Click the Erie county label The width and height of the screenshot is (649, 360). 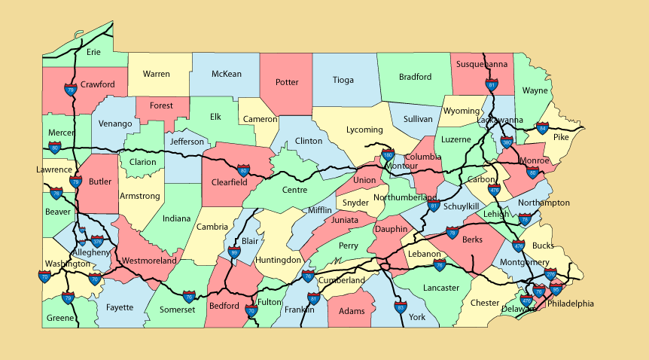pyautogui.click(x=93, y=52)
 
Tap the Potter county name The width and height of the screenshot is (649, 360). pyautogui.click(x=287, y=82)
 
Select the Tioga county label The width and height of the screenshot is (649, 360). pyautogui.click(x=343, y=80)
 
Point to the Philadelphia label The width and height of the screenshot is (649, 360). pyautogui.click(x=570, y=304)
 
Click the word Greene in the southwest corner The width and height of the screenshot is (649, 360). pyautogui.click(x=60, y=318)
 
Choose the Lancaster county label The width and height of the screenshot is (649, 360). pyautogui.click(x=440, y=288)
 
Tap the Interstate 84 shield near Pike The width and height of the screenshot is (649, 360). pyautogui.click(x=542, y=128)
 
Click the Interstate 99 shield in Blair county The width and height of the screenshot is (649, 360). pyautogui.click(x=234, y=254)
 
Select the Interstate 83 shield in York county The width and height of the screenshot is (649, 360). pyautogui.click(x=401, y=307)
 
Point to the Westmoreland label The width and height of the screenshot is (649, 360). pyautogui.click(x=148, y=261)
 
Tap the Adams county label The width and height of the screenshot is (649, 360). pyautogui.click(x=352, y=311)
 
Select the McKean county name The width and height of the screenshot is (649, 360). pyautogui.click(x=226, y=74)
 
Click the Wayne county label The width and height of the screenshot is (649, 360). pyautogui.click(x=535, y=90)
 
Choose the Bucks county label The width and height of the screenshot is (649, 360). pyautogui.click(x=542, y=246)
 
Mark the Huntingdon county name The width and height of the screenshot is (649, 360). pyautogui.click(x=278, y=260)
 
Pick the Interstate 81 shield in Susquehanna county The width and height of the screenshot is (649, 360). pyautogui.click(x=492, y=86)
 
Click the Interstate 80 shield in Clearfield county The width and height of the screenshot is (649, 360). pyautogui.click(x=243, y=171)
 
